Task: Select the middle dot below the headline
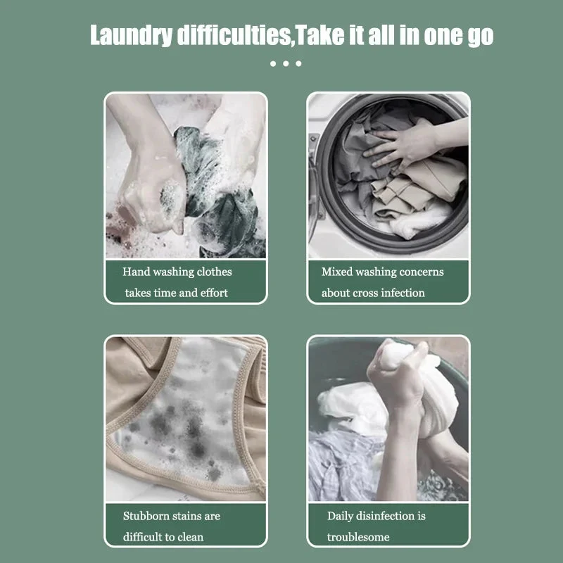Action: point(285,64)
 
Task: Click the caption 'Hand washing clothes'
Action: point(177,272)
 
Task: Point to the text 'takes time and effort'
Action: point(177,293)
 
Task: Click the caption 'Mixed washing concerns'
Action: point(382,272)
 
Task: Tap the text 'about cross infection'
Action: point(373,293)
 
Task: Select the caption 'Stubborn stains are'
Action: point(172,516)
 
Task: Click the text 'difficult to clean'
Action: point(163,537)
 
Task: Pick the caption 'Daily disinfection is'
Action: point(376,516)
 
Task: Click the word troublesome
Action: point(358,537)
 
